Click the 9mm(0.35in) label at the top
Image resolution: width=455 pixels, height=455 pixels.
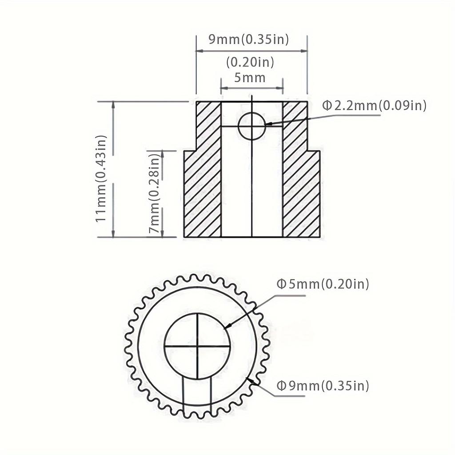point(249,40)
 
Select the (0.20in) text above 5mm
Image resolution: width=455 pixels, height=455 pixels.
point(250,62)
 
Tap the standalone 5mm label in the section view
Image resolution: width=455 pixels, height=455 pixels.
point(250,78)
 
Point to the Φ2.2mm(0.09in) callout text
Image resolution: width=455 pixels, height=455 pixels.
point(374,105)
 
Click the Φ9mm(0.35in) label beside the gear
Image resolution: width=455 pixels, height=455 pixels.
point(323,385)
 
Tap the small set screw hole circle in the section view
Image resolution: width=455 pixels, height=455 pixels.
point(251,126)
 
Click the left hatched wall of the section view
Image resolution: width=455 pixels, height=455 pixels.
point(203,178)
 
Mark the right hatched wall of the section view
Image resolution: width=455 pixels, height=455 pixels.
point(300,178)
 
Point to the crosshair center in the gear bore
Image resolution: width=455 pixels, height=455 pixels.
point(197,345)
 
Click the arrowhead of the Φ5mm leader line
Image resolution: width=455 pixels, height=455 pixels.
point(227,327)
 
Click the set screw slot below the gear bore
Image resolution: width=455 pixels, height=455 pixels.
point(197,393)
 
